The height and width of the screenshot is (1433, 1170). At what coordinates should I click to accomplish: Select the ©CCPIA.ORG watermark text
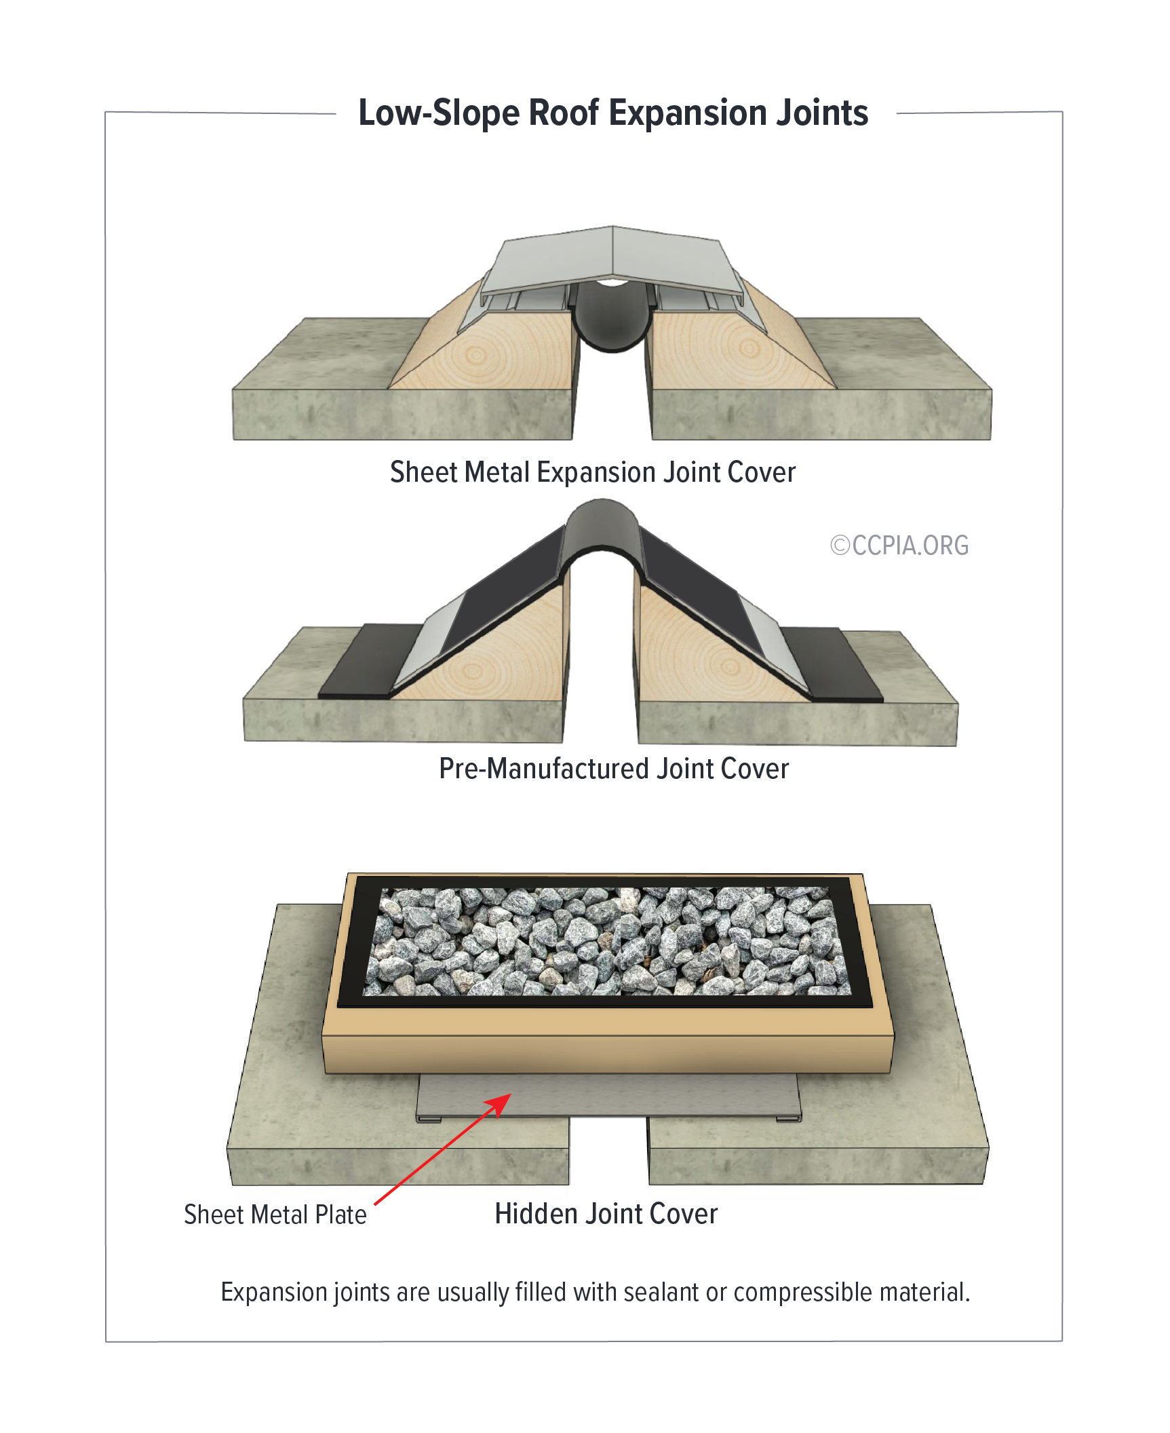(899, 546)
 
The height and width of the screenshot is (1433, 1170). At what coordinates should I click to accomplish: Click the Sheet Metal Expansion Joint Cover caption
(592, 472)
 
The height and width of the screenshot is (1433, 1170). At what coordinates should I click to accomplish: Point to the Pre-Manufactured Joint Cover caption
(614, 769)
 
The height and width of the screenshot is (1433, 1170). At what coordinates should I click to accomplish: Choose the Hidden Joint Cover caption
(606, 1214)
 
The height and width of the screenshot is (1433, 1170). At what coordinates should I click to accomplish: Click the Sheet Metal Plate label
(275, 1215)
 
